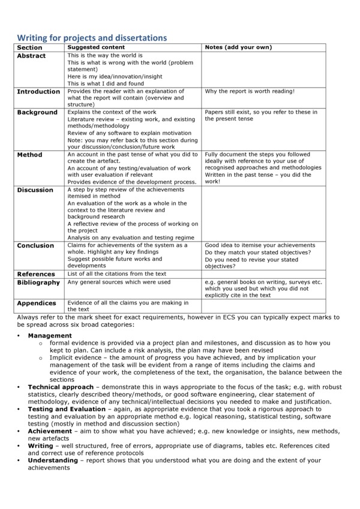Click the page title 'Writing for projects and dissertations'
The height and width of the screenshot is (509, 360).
click(91, 38)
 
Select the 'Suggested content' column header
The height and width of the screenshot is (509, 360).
click(96, 47)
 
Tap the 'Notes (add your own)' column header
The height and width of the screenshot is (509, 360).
click(238, 47)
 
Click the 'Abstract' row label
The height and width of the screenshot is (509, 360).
click(31, 56)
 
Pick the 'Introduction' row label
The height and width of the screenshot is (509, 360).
click(38, 92)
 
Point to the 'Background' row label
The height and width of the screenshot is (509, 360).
click(37, 112)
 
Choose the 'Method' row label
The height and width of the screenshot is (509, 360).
click(29, 155)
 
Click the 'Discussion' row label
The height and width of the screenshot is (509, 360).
click(35, 190)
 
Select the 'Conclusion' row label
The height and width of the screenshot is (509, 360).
click(35, 246)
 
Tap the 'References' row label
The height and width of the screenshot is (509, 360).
click(36, 273)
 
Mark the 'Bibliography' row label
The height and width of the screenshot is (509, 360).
click(38, 282)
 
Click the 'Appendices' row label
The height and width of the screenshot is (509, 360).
click(37, 303)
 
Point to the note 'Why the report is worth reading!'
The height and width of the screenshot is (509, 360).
click(250, 91)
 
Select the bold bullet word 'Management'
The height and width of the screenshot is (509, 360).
click(50, 336)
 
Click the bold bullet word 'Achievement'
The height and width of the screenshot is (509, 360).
click(50, 430)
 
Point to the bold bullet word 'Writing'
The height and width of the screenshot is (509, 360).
click(40, 445)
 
